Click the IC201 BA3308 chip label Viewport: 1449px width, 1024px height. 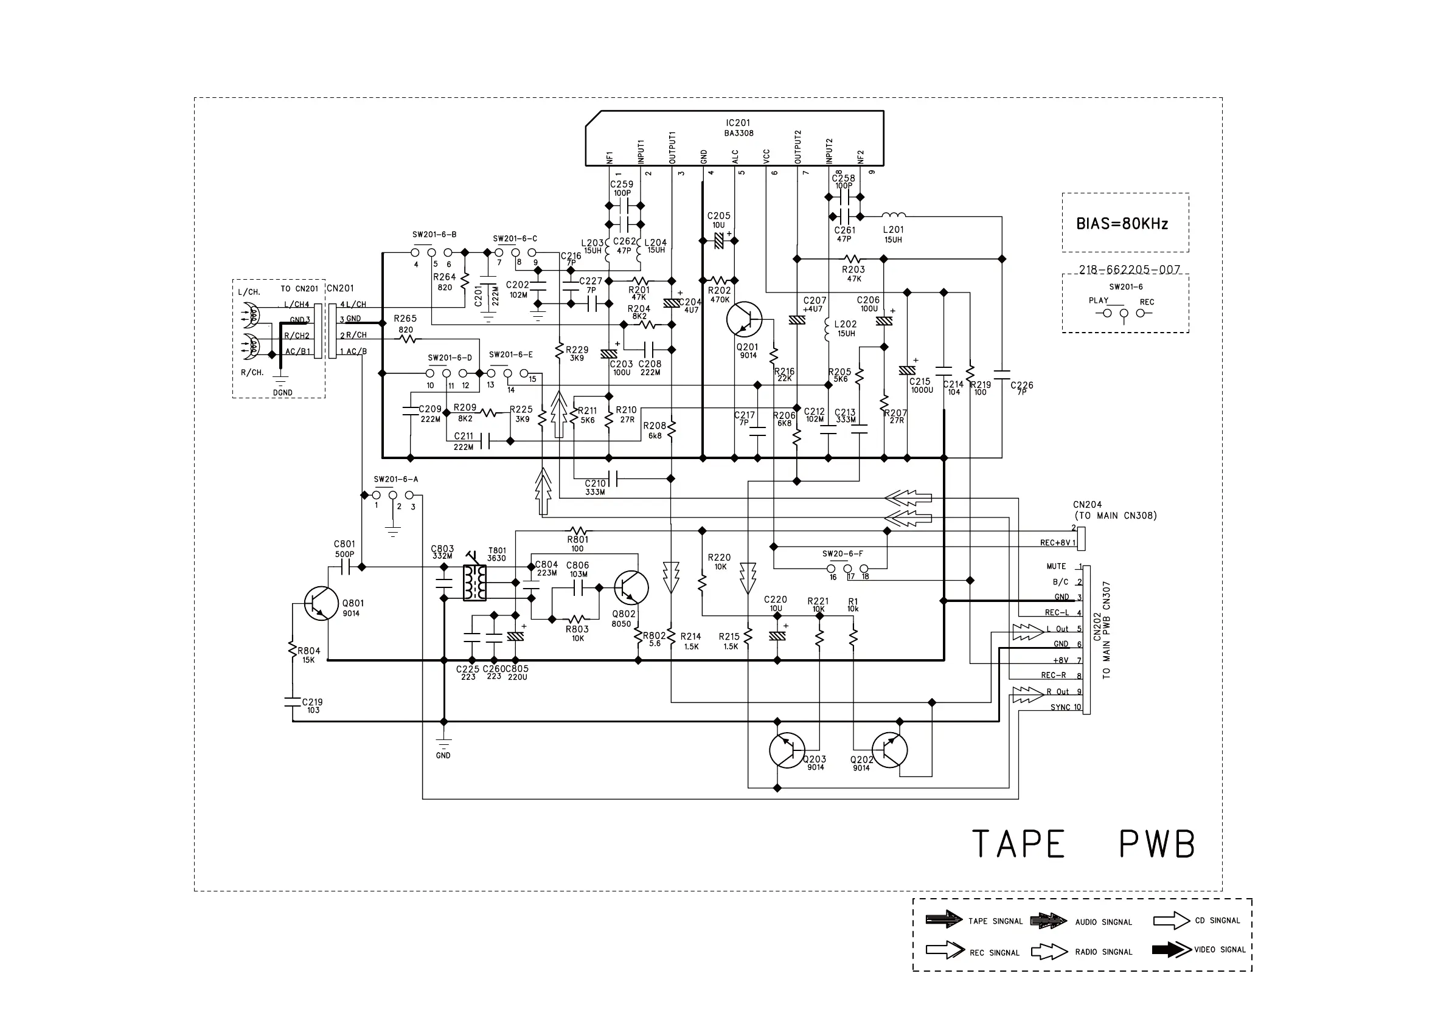[738, 128]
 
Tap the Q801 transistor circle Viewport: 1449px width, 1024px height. [321, 603]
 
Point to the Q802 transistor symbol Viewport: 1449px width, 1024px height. [630, 587]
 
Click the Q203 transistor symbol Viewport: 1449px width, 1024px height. [787, 751]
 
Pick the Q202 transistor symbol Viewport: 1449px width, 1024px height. [889, 751]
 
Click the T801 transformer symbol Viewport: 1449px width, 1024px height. [474, 582]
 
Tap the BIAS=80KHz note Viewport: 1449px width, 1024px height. [1122, 224]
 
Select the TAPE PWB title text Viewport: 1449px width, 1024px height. [1083, 843]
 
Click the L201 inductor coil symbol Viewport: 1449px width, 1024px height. [894, 216]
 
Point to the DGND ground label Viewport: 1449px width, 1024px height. [283, 392]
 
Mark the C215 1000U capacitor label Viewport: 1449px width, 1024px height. [920, 386]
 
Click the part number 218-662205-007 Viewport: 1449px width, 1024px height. [1129, 270]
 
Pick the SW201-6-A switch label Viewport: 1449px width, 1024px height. [395, 480]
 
